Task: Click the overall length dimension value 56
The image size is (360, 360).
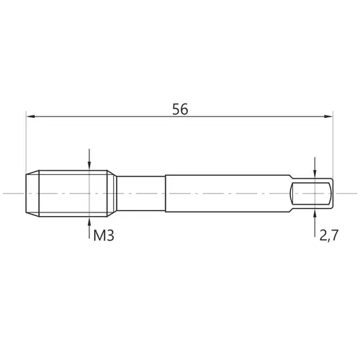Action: click(180, 109)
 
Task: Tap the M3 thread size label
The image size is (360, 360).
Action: click(104, 235)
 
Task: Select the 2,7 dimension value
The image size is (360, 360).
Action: click(329, 235)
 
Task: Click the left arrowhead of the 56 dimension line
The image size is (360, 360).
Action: click(31, 117)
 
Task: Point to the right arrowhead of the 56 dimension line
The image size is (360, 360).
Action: click(328, 117)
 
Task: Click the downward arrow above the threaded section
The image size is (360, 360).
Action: click(89, 159)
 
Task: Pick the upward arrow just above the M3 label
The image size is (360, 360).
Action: click(89, 228)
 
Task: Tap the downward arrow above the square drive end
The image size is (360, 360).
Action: click(315, 168)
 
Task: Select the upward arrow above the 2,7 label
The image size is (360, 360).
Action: click(315, 222)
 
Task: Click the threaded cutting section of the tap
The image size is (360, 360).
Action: click(73, 194)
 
